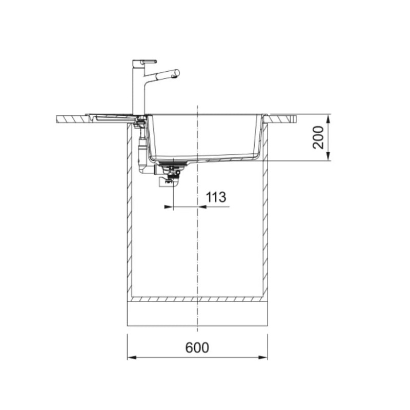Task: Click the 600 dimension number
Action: pyautogui.click(x=197, y=347)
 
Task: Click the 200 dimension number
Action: pyautogui.click(x=318, y=137)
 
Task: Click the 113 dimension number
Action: pyautogui.click(x=216, y=197)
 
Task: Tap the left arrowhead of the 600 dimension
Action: pyautogui.click(x=132, y=357)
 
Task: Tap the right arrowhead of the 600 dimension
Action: pyautogui.click(x=263, y=357)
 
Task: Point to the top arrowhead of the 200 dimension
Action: pyautogui.click(x=329, y=119)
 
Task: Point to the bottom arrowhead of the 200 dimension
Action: pyautogui.click(x=329, y=156)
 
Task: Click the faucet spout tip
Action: pyautogui.click(x=177, y=73)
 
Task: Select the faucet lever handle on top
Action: pyautogui.click(x=148, y=61)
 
